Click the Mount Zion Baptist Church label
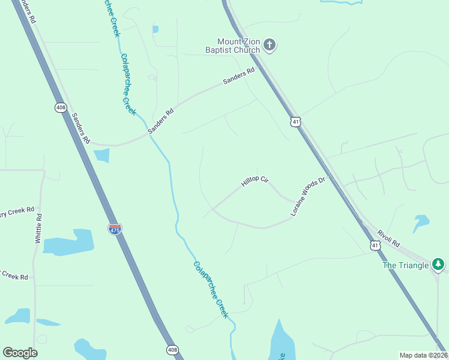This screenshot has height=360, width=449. tap(231, 46)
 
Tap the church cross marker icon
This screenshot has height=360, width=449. tap(270, 44)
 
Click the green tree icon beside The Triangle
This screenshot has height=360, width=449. tap(439, 264)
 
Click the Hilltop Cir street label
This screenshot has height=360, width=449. tap(255, 181)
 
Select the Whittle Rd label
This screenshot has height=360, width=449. tap(38, 228)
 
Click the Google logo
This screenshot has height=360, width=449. tap(20, 353)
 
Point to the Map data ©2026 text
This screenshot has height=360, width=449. tap(423, 355)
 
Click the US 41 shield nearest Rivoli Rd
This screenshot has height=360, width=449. tap(375, 245)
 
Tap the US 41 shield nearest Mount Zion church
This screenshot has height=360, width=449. tap(294, 122)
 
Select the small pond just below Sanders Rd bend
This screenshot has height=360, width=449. tap(102, 155)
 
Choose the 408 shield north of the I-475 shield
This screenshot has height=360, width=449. tap(60, 107)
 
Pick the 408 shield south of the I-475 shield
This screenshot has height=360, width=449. tap(172, 350)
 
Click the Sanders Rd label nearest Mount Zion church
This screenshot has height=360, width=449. tap(238, 77)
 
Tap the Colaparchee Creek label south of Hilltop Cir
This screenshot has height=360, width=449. tap(211, 289)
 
